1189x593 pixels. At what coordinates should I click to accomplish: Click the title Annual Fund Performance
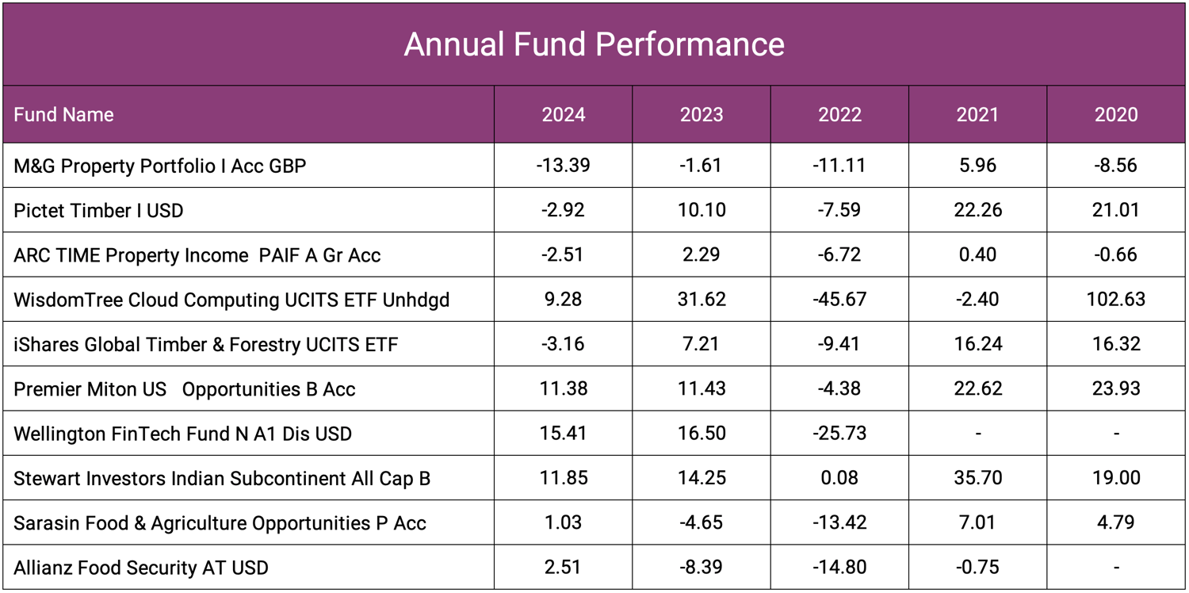tap(594, 44)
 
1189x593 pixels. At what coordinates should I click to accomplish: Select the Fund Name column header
tap(63, 115)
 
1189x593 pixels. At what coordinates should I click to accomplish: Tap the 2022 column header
tap(839, 115)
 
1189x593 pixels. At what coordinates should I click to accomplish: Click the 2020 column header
tap(1116, 115)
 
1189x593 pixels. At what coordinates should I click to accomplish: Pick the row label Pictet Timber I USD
tap(98, 211)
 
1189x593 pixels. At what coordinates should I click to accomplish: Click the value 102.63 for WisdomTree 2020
tap(1116, 300)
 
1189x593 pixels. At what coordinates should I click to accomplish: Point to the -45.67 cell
tap(839, 300)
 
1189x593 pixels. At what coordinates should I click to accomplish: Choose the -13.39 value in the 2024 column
tap(563, 166)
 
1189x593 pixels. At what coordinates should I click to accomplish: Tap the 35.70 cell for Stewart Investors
tap(977, 478)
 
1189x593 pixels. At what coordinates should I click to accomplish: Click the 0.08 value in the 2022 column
tap(839, 478)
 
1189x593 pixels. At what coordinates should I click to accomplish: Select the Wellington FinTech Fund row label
tap(182, 434)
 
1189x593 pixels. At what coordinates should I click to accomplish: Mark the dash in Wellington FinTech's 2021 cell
tap(977, 434)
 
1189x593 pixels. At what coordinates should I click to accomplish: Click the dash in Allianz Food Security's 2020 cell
tap(1116, 568)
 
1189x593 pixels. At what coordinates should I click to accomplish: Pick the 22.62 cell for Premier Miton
tap(977, 389)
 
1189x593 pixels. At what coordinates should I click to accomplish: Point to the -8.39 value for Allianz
tap(702, 568)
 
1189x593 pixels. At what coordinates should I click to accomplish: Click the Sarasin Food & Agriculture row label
tap(220, 523)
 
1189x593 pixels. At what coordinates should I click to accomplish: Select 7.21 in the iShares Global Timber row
tap(702, 344)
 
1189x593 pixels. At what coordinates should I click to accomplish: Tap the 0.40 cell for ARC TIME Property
tap(977, 255)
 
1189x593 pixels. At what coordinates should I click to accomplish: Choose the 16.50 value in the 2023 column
tap(702, 434)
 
